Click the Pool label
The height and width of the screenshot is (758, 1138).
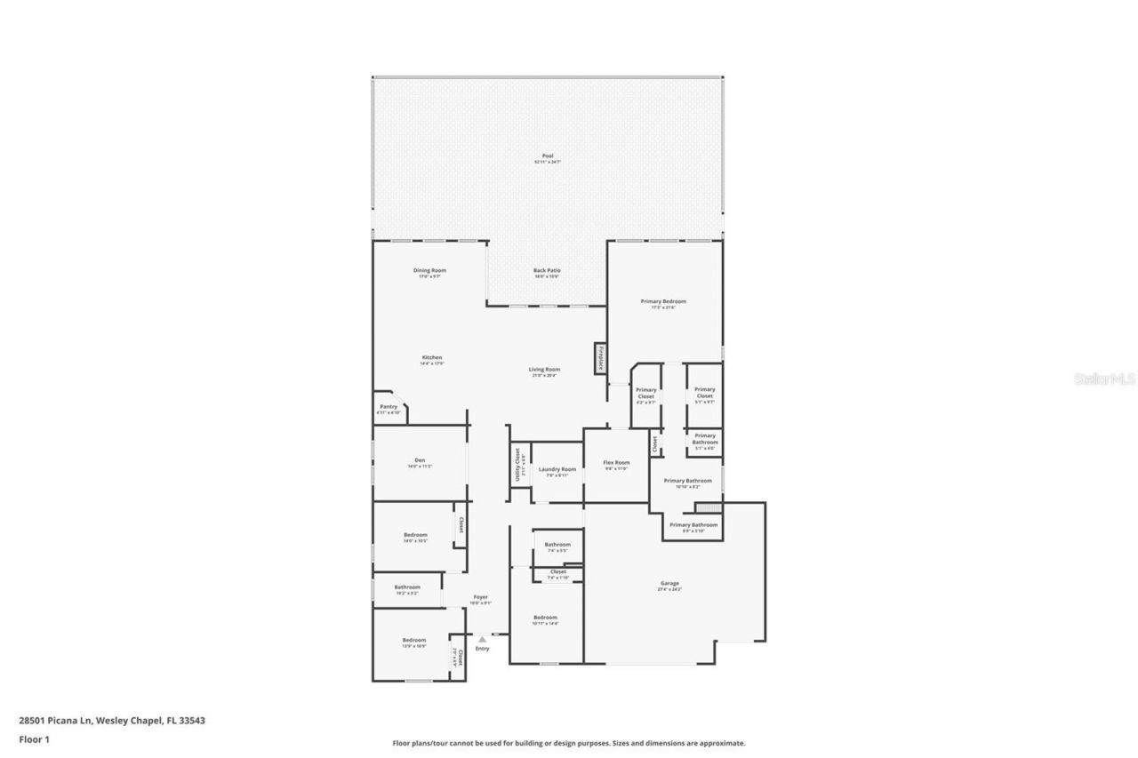click(x=548, y=156)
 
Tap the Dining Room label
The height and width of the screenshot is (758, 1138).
click(x=429, y=270)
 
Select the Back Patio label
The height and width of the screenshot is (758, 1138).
click(x=547, y=270)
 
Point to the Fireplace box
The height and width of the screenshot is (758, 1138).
click(x=601, y=359)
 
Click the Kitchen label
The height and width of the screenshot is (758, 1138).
click(x=432, y=358)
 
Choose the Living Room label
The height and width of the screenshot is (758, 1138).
click(x=545, y=370)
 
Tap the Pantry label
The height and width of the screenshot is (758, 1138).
click(x=389, y=407)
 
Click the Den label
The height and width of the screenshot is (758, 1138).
click(x=420, y=460)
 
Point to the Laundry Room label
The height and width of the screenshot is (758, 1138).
click(x=557, y=469)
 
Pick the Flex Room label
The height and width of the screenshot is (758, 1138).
click(x=616, y=463)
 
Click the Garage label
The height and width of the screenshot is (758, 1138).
click(x=669, y=584)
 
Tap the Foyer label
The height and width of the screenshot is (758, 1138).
click(x=480, y=597)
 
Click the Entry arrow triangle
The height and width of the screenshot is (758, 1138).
click(x=482, y=638)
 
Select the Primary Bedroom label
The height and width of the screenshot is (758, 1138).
click(x=663, y=302)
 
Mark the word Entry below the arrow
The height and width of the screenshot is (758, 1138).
click(x=482, y=649)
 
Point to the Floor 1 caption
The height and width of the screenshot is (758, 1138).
click(x=34, y=738)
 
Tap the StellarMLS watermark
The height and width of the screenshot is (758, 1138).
click(x=1105, y=379)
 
